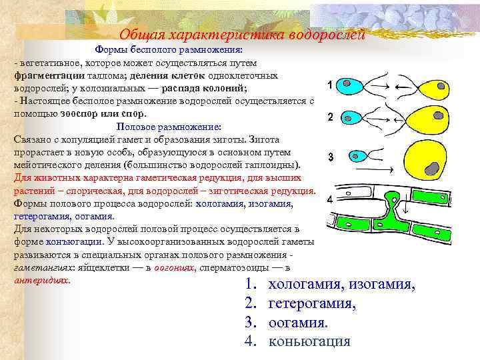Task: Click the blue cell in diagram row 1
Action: [349, 86]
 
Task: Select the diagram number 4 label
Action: [331, 200]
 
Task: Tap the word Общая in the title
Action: [139, 35]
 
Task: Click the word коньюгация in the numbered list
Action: [309, 341]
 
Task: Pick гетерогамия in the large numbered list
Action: [311, 304]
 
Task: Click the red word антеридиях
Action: [41, 280]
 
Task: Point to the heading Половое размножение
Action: [168, 127]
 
